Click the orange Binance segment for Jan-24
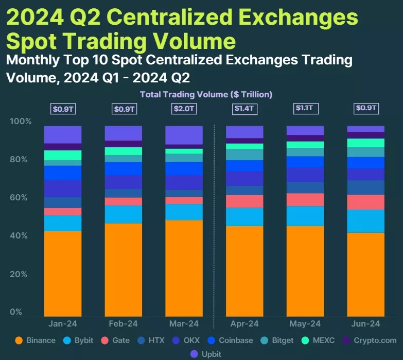click(x=63, y=273)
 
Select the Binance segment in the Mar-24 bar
click(x=184, y=268)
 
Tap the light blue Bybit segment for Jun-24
click(x=366, y=221)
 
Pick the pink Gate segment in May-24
click(x=305, y=200)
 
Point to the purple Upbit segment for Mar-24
click(x=184, y=135)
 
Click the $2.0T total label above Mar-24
click(x=184, y=109)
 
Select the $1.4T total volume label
click(x=245, y=109)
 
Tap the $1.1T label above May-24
click(x=306, y=109)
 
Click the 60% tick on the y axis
click(x=21, y=198)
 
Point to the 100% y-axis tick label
click(x=21, y=122)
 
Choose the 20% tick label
click(x=21, y=274)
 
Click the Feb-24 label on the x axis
click(x=124, y=324)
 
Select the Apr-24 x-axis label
click(x=245, y=324)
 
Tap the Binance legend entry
click(x=36, y=340)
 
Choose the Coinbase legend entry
click(x=232, y=340)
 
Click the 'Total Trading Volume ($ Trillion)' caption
click(x=206, y=94)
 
